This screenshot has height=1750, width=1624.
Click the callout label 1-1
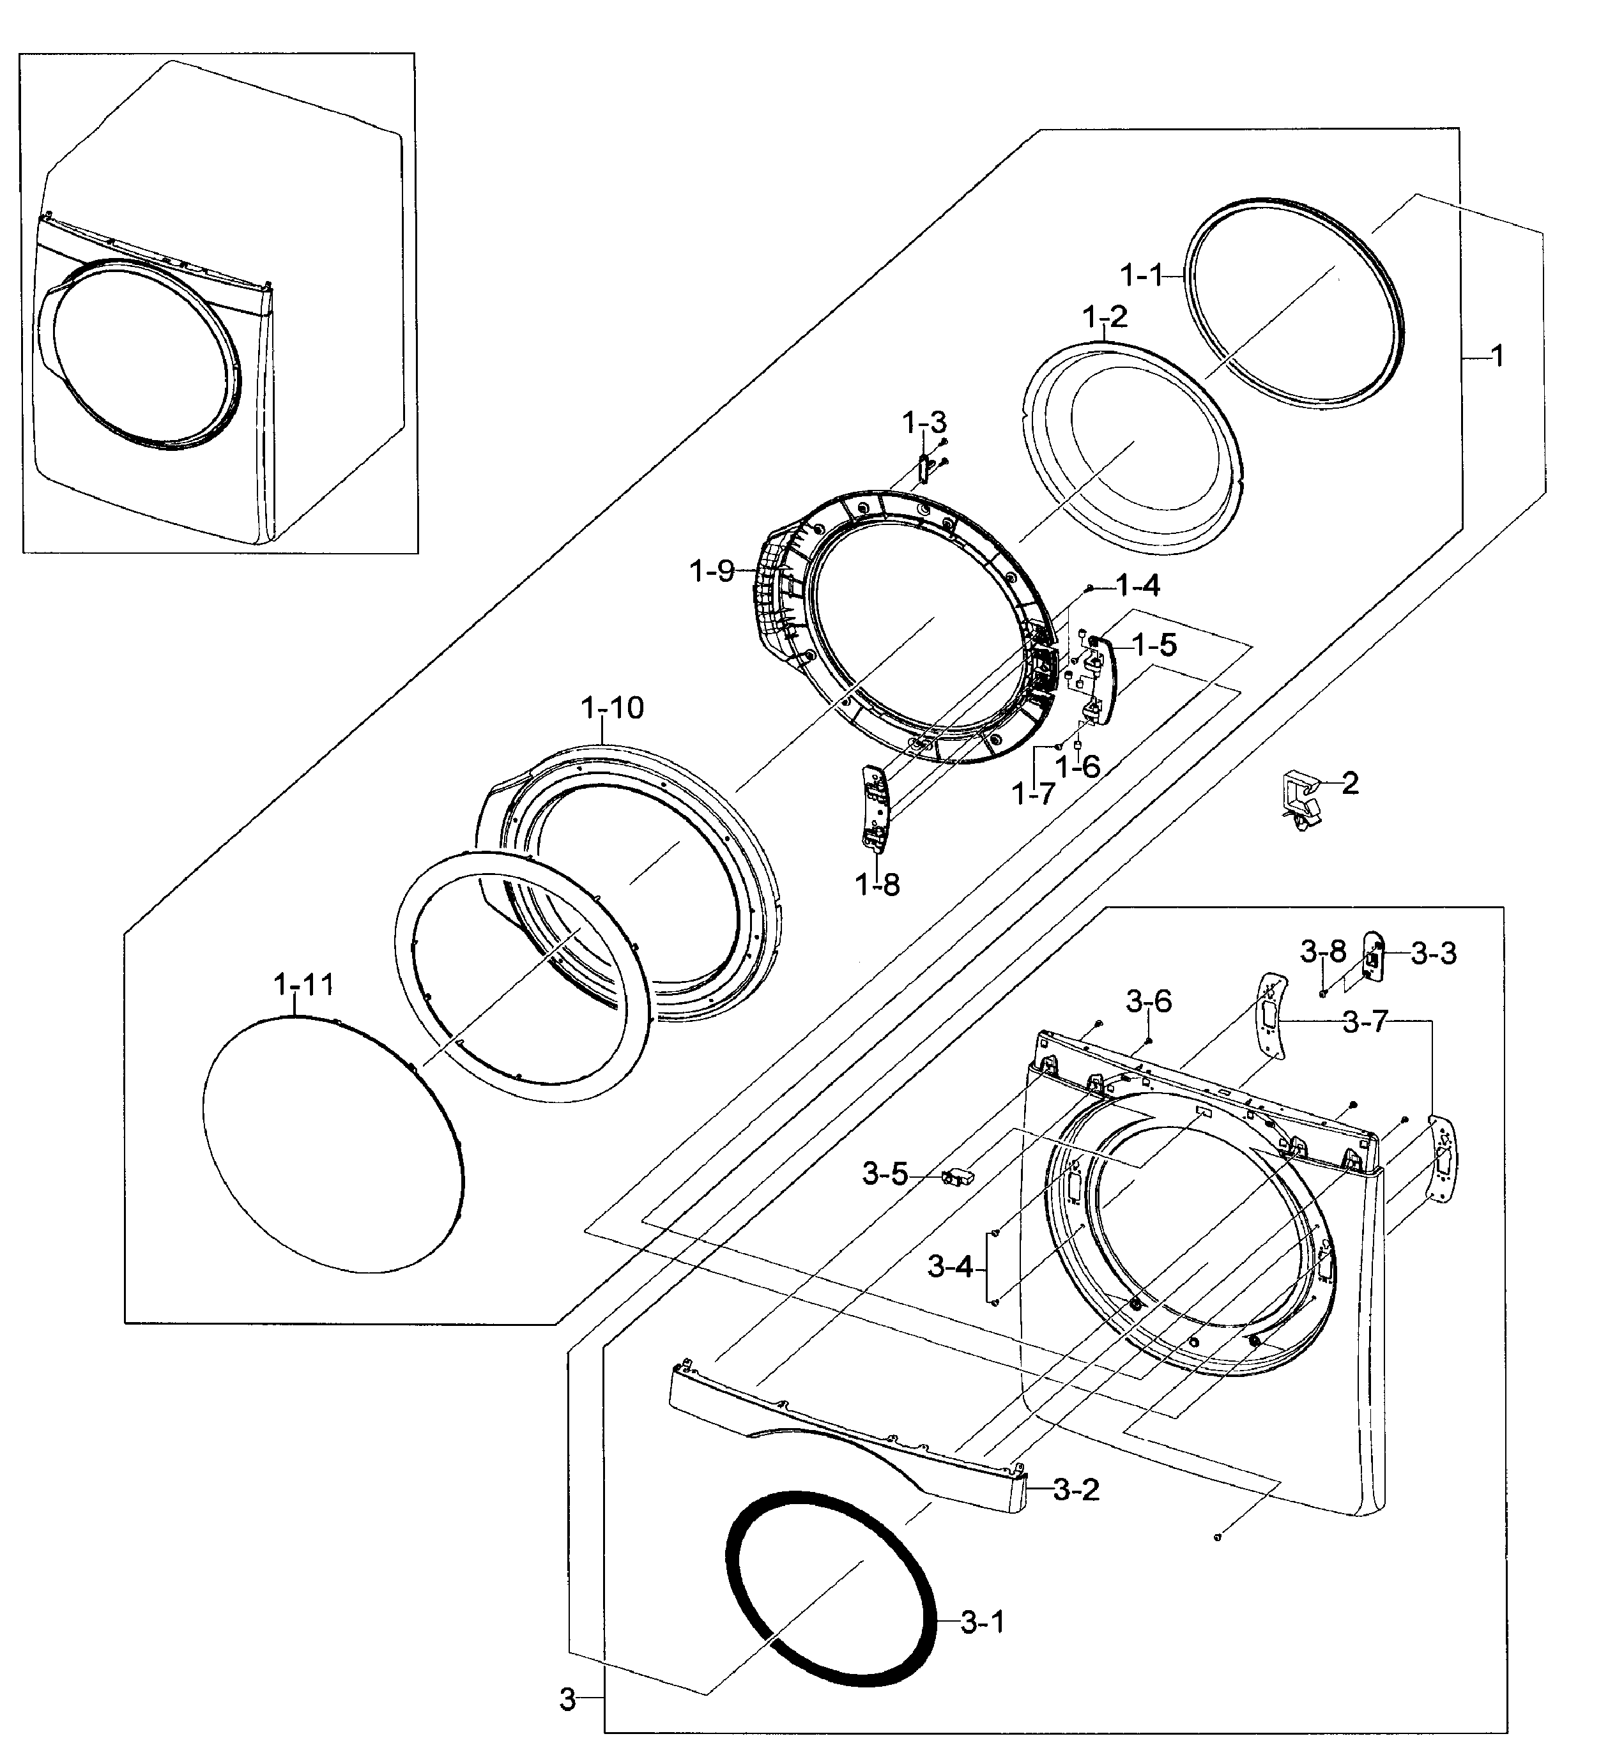[1140, 276]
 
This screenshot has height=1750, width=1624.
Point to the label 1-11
[304, 985]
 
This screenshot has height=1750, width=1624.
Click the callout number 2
[1350, 783]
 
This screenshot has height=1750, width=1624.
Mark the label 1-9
[712, 572]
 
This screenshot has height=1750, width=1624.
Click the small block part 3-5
[956, 1175]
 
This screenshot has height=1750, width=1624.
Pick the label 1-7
[1032, 794]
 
